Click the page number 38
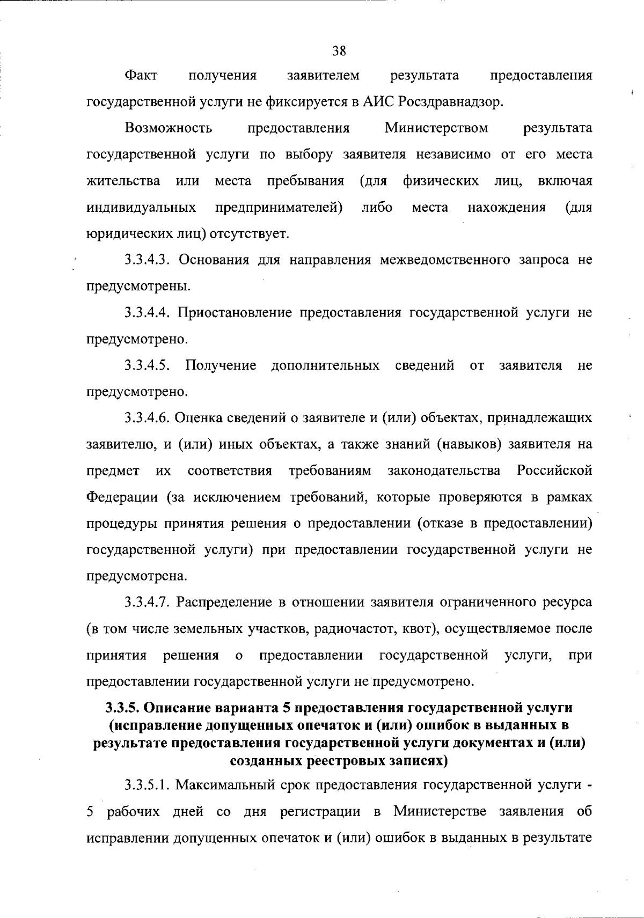click(x=339, y=52)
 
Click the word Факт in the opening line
click(x=141, y=76)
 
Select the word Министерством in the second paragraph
click(x=436, y=128)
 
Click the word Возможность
click(x=168, y=128)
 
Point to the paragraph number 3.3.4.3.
click(x=148, y=260)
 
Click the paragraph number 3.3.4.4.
click(x=148, y=313)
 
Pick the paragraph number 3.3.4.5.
click(x=148, y=366)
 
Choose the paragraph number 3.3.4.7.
click(x=148, y=603)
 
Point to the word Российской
click(x=554, y=471)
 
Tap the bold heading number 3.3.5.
click(x=121, y=708)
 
